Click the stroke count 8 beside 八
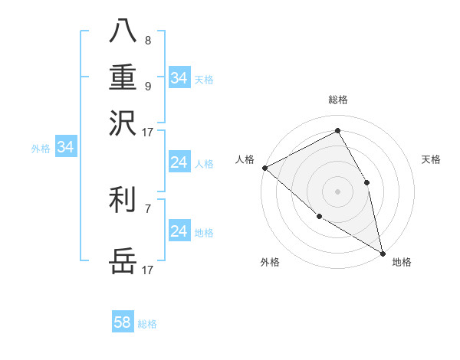coord(148,40)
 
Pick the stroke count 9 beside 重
coord(148,86)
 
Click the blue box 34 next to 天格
coord(179,78)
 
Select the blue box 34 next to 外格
coord(65,148)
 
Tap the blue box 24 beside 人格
coord(179,162)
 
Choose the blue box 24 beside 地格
coord(179,231)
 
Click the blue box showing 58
coord(123,322)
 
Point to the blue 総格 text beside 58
coord(147,324)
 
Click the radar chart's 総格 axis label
coord(337,100)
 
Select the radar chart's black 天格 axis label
coord(431,159)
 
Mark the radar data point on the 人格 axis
coord(264,168)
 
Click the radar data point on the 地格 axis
coord(382,252)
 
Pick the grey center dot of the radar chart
coord(337,191)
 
